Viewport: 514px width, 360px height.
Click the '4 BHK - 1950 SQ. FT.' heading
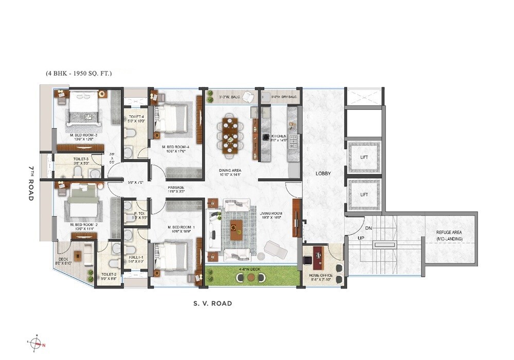(79, 74)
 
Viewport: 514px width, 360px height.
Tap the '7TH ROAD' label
(31, 183)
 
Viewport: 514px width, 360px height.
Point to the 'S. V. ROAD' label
(212, 303)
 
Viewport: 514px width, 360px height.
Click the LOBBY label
(323, 174)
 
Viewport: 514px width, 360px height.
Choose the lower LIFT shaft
(363, 195)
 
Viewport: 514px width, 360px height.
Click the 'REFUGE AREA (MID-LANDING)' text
(449, 236)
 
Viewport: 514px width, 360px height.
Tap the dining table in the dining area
(229, 135)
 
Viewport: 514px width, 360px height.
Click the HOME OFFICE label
(321, 276)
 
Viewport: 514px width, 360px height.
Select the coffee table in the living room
(237, 229)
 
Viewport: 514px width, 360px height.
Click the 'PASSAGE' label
(176, 187)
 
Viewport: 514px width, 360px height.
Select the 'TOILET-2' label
(109, 275)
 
